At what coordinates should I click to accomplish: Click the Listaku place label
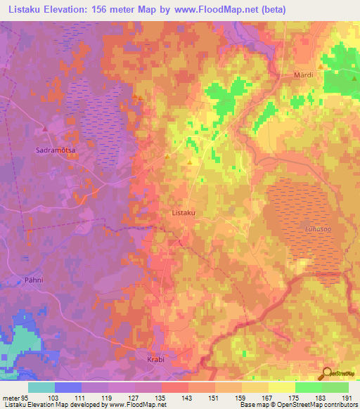(x=183, y=212)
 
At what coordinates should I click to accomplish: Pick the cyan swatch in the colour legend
(x=41, y=387)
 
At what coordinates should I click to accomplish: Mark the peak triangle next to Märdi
(x=321, y=67)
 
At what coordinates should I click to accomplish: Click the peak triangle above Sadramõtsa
(x=44, y=129)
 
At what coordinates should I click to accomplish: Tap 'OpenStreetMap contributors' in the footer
(x=316, y=405)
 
